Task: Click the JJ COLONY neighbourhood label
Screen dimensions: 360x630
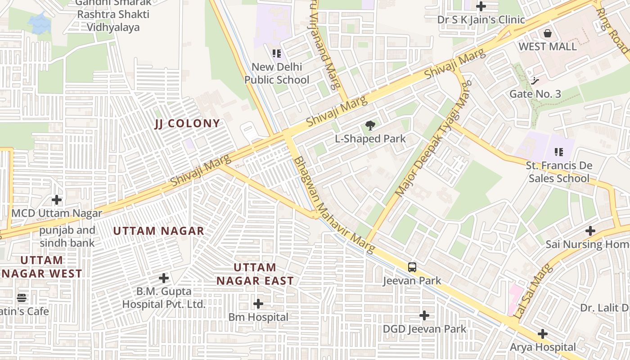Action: (x=187, y=124)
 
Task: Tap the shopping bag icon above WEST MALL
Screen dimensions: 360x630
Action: (x=548, y=33)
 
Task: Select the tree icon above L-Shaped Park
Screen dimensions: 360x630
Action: (x=370, y=126)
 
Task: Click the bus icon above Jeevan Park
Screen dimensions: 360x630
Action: (x=412, y=267)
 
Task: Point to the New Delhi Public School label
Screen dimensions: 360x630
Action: (x=277, y=73)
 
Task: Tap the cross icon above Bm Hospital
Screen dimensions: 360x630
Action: (x=258, y=304)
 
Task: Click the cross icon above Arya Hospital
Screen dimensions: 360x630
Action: (x=543, y=334)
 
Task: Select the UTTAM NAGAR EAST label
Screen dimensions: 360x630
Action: (x=255, y=274)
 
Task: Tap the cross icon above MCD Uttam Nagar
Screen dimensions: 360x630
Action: (x=57, y=199)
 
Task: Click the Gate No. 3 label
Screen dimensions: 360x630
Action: (x=535, y=94)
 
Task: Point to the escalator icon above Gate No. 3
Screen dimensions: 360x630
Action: (x=535, y=81)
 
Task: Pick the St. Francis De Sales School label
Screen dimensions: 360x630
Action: (x=559, y=172)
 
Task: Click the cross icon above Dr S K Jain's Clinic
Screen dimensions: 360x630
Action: (x=481, y=6)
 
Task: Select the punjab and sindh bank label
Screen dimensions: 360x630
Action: (x=67, y=237)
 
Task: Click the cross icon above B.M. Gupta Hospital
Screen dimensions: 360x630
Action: (x=164, y=278)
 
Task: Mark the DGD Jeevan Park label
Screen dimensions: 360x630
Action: (x=424, y=329)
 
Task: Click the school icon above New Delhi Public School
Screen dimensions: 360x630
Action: (x=277, y=54)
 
